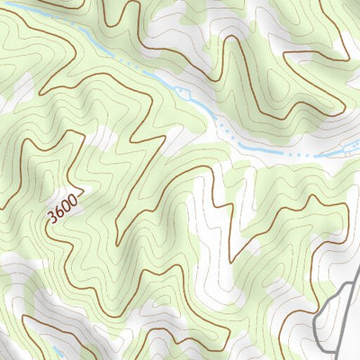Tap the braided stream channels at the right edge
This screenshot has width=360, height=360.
click(x=346, y=151)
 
